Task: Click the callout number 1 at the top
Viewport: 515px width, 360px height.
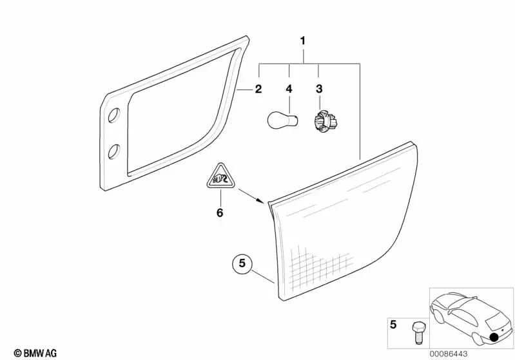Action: (303, 41)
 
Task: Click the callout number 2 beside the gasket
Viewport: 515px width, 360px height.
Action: (258, 89)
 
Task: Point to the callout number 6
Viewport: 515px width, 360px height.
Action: (220, 213)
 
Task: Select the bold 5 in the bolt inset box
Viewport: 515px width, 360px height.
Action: (393, 325)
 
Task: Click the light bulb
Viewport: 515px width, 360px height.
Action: (283, 120)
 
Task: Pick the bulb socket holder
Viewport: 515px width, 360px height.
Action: (326, 120)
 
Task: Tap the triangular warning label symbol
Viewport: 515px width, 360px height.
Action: (220, 177)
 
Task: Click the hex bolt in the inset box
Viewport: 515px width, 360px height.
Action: (419, 333)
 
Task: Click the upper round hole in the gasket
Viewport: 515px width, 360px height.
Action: (114, 115)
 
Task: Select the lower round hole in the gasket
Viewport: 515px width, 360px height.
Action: (114, 151)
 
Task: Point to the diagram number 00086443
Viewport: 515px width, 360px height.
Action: (449, 354)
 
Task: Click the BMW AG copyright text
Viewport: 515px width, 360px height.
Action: (35, 353)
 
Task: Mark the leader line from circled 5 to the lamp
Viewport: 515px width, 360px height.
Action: (263, 276)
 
